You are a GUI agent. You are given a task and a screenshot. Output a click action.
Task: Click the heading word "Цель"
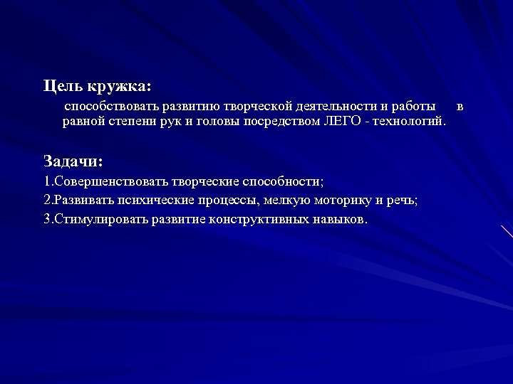pyautogui.click(x=63, y=87)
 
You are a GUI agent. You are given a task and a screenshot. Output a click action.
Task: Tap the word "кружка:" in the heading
pyautogui.click(x=119, y=87)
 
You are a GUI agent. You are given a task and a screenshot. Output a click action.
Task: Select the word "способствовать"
pyautogui.click(x=110, y=107)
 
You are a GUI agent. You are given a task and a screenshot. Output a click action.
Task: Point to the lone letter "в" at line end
pyautogui.click(x=460, y=107)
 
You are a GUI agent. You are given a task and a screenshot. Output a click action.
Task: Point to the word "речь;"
pyautogui.click(x=403, y=201)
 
